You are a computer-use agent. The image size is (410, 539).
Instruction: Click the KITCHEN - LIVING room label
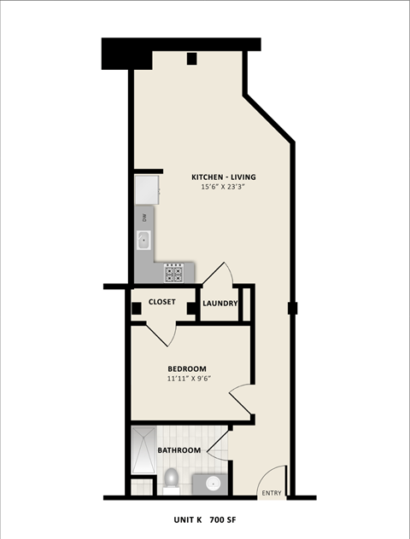[223, 177]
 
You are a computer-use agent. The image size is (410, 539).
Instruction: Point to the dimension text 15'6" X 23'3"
[223, 187]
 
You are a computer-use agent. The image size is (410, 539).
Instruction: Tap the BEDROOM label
[186, 368]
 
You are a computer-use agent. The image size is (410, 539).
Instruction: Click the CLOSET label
[162, 302]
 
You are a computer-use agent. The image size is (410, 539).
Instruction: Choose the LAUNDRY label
[220, 303]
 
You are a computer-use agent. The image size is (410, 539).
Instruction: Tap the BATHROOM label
[179, 449]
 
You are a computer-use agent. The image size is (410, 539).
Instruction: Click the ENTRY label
[272, 493]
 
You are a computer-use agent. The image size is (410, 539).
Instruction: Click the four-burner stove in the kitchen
[174, 274]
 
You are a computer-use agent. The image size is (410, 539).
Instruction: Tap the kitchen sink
[144, 241]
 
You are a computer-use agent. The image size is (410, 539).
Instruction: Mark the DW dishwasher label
[143, 218]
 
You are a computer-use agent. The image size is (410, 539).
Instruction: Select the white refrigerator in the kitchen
[144, 189]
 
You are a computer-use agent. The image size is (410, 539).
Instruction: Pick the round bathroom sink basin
[212, 484]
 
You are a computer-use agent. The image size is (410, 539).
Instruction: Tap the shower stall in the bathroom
[143, 451]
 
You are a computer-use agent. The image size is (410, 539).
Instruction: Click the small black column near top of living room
[192, 59]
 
